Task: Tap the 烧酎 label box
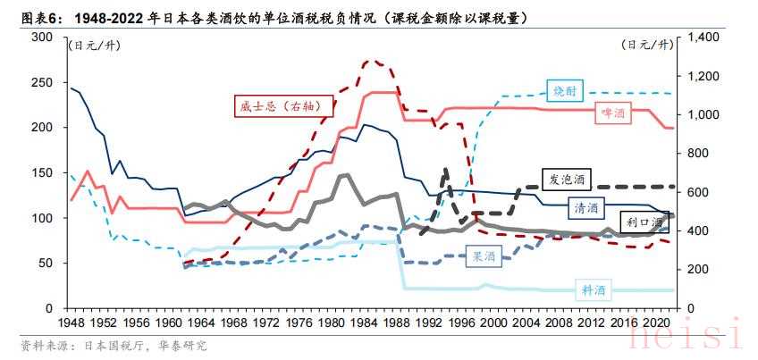click(566, 89)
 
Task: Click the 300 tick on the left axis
click(41, 37)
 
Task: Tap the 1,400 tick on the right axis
click(702, 37)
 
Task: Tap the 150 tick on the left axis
click(41, 172)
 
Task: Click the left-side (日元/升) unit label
click(92, 44)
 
